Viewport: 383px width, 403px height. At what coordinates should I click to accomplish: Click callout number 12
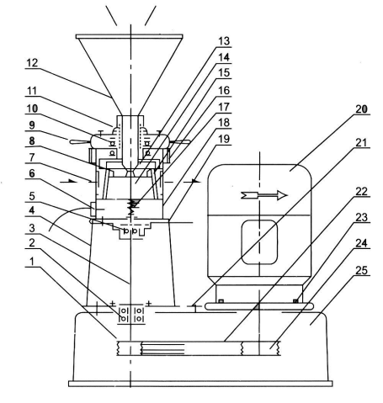click(32, 63)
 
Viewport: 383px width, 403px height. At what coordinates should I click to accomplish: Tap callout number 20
click(361, 109)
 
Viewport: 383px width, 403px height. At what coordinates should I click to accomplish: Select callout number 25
click(361, 270)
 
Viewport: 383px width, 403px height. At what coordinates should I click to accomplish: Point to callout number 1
click(32, 262)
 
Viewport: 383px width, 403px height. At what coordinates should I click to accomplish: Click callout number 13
click(224, 41)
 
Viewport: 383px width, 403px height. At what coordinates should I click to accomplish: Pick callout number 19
click(224, 139)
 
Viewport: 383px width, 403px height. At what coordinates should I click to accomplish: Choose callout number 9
click(32, 125)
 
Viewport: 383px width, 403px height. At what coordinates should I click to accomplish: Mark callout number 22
click(361, 192)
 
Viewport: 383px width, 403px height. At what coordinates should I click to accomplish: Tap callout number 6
click(32, 173)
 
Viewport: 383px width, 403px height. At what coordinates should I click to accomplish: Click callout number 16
click(224, 90)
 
